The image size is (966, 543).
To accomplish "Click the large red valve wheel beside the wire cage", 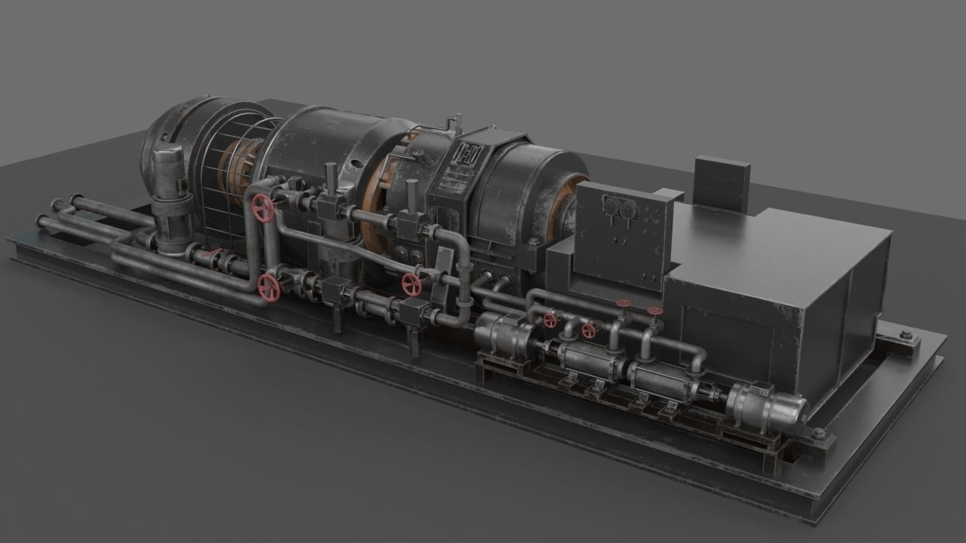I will click(x=263, y=208).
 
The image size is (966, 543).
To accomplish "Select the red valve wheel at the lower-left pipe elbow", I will click(x=268, y=287).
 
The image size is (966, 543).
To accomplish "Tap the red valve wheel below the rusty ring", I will click(x=411, y=284).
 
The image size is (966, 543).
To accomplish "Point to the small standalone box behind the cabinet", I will click(x=721, y=183).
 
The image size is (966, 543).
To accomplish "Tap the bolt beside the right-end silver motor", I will click(x=817, y=433).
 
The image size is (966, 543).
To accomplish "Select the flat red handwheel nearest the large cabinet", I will click(x=655, y=311).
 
